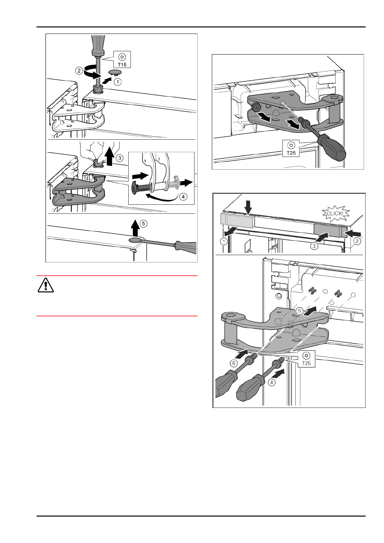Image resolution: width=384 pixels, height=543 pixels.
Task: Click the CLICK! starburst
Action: pyautogui.click(x=334, y=213)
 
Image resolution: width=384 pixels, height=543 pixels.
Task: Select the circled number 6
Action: pyautogui.click(x=234, y=363)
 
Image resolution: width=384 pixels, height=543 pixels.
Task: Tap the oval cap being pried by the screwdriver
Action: pyautogui.click(x=135, y=240)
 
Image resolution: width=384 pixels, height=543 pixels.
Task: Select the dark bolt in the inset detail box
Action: pyautogui.click(x=142, y=187)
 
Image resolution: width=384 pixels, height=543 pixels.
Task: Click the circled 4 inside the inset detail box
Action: pyautogui.click(x=183, y=196)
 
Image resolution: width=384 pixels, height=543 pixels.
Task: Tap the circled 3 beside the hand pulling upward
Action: pyautogui.click(x=119, y=158)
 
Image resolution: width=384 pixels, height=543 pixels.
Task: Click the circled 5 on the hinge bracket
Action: pyautogui.click(x=300, y=311)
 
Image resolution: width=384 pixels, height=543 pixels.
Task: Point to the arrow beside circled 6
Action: pyautogui.click(x=242, y=354)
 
